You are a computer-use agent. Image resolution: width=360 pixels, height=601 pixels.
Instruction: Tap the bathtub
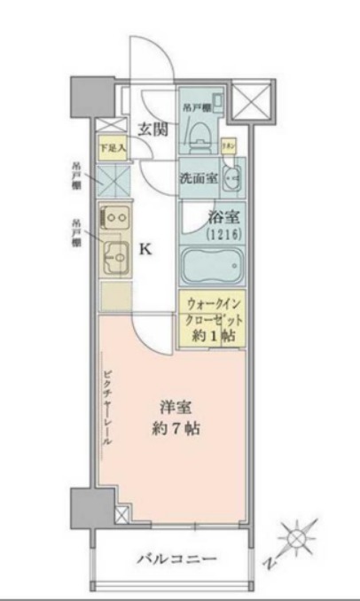tap(214, 264)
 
